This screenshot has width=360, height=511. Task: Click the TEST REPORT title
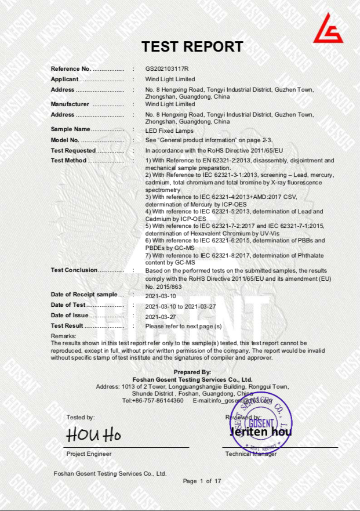point(192,47)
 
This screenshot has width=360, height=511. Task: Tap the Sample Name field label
point(71,129)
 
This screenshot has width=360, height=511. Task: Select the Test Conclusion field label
point(74,270)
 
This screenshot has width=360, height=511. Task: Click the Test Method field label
point(68,160)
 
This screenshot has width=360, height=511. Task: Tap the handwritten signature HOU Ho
point(93,434)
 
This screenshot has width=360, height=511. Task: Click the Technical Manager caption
point(250,454)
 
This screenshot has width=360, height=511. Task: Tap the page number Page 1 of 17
point(202,481)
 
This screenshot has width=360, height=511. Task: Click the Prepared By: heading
point(192,372)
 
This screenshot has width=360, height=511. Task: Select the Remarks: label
point(64,336)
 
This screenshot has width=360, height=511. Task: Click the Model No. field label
point(65,140)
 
